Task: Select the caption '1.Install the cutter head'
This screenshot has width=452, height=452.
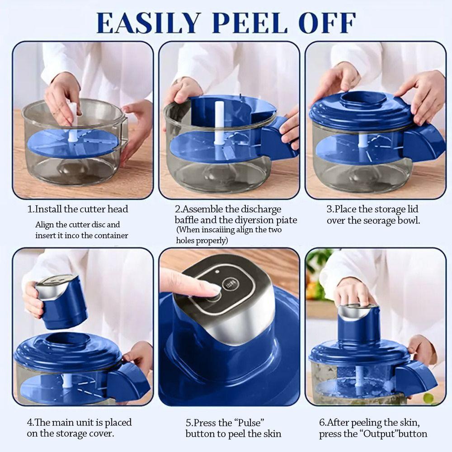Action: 78,209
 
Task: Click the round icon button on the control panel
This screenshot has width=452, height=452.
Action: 231,284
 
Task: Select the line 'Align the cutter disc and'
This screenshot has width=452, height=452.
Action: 78,225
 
